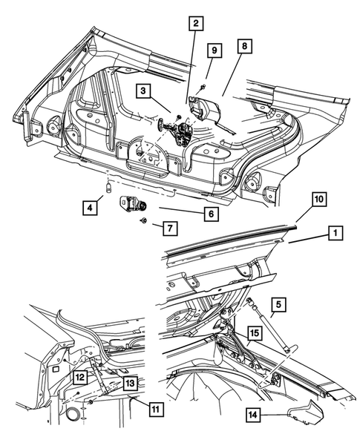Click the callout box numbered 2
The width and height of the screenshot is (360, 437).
click(196, 24)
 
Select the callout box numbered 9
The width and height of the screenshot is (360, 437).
click(215, 50)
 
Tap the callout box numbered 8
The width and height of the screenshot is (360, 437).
click(244, 46)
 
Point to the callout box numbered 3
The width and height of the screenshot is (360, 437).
click(143, 91)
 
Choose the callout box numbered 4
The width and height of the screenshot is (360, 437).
click(90, 208)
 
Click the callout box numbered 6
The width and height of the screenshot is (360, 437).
click(211, 214)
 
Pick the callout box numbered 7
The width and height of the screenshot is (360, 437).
click(170, 229)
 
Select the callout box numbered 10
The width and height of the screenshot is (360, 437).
click(319, 200)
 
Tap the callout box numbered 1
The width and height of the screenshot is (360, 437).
click(336, 233)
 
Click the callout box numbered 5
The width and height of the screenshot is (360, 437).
click(278, 305)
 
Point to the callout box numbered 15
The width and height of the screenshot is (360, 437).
click(255, 333)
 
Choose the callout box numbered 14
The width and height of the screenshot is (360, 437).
click(253, 415)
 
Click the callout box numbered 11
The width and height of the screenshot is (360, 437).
click(156, 410)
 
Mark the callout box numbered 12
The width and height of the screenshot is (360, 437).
click(81, 378)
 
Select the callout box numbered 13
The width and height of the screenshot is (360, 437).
click(130, 383)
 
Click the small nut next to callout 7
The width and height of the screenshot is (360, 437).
click(143, 221)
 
